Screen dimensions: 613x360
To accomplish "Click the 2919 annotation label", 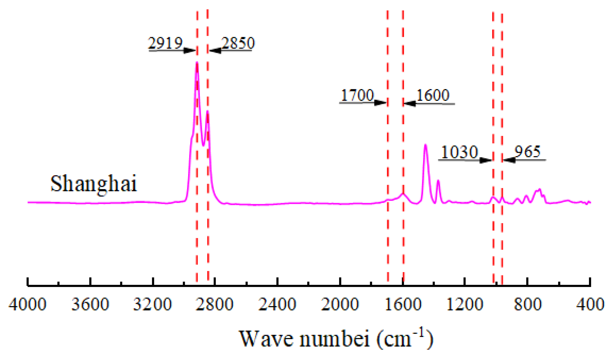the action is [165, 43].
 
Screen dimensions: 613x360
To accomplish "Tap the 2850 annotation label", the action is [238, 43].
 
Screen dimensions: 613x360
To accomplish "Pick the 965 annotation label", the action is [527, 151].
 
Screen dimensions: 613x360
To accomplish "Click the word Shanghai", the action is [94, 184].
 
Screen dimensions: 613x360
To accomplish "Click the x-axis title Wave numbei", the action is [305, 339].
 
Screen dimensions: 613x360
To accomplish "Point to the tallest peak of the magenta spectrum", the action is [197, 63].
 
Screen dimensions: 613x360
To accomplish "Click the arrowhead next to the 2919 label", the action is [190, 50].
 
